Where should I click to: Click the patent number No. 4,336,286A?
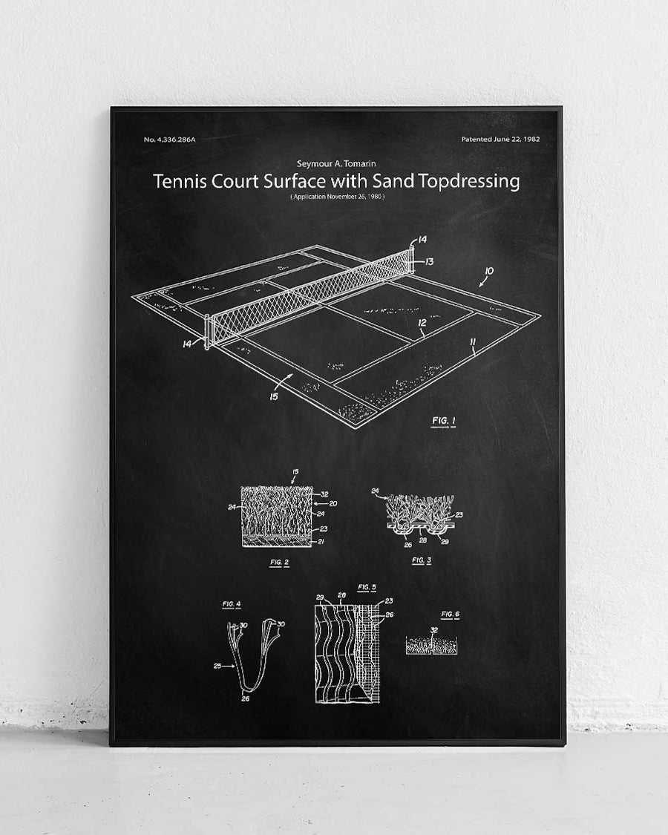coord(171,140)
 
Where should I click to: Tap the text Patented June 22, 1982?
coord(500,139)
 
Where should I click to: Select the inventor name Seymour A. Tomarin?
coord(336,163)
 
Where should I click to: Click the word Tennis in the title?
coord(176,182)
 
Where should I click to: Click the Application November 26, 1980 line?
coord(337,196)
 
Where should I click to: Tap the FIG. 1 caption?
coord(444,422)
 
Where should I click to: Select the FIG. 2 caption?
coord(279,562)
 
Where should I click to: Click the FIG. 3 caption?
coord(421,560)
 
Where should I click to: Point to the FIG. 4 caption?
coord(232,605)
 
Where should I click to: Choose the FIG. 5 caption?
coord(367,587)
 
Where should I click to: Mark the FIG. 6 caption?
coord(450,615)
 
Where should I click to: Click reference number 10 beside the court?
coord(489,271)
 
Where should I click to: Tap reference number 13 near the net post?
coord(429,261)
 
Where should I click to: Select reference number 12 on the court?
coord(422,322)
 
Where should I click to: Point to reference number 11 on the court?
coord(472,341)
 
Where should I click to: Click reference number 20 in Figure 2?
coord(333,503)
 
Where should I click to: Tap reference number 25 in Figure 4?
coord(217,666)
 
